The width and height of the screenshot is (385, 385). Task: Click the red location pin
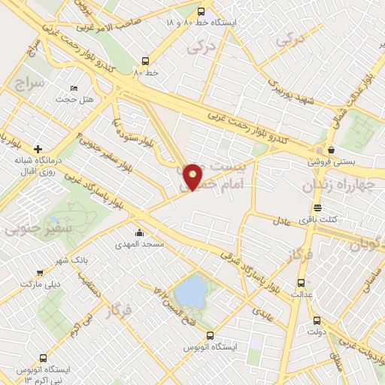tap(193, 176)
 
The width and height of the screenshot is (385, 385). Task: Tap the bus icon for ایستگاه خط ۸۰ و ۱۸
tap(201, 12)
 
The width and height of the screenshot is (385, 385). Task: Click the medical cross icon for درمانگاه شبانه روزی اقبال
tap(38, 149)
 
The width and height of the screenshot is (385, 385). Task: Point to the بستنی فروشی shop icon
tap(331, 150)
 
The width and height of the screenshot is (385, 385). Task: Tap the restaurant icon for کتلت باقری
tap(317, 208)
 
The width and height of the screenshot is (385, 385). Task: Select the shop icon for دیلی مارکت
tap(40, 272)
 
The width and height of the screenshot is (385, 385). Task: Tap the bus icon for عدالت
tap(302, 283)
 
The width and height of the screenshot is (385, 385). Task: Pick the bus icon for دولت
tap(317, 319)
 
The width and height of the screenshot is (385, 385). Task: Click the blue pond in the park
tap(192, 292)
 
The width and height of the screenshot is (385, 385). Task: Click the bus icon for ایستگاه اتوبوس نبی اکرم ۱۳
tap(44, 359)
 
